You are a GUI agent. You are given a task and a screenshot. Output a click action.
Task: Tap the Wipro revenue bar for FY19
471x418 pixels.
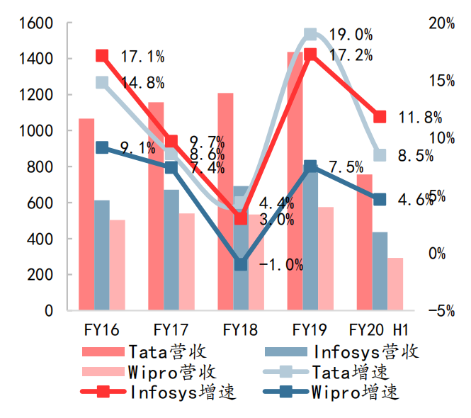click(325, 259)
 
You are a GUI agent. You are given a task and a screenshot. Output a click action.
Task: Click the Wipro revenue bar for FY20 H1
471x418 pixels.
click(395, 284)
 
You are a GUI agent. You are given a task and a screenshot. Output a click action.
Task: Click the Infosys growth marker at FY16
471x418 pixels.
click(102, 56)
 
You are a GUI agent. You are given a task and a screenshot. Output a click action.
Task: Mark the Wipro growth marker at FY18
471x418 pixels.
click(241, 264)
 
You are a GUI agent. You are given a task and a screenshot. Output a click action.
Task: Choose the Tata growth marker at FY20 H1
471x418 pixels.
click(380, 155)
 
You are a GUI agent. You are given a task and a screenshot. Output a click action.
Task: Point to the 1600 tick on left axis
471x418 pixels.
click(37, 23)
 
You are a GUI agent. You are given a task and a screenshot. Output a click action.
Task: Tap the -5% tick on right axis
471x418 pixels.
click(442, 310)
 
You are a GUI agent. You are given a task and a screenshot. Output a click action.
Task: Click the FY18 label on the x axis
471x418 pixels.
click(240, 329)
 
